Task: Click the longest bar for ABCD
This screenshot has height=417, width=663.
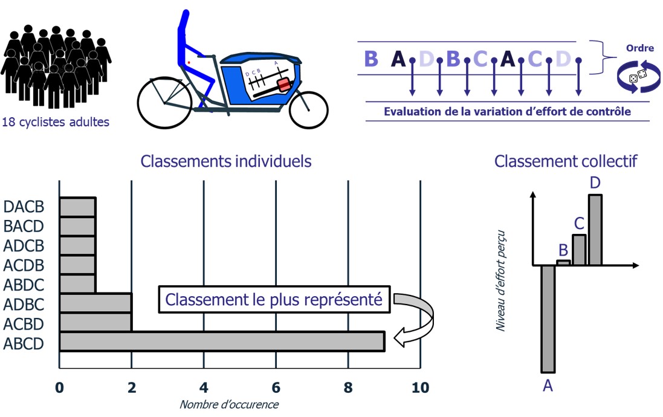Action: point(222,341)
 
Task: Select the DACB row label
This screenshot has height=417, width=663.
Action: point(24,207)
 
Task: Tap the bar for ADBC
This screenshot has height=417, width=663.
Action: point(95,302)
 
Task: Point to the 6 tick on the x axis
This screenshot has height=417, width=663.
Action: point(276,387)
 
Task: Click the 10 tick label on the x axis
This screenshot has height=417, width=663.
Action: point(419,387)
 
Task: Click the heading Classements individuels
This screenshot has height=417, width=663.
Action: point(226,161)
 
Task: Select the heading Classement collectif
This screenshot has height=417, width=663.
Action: point(566,161)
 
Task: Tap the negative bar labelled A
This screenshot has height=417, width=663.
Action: point(548,318)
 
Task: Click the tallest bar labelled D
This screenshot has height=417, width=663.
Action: point(595,230)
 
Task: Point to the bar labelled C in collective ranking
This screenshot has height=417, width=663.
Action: point(579,250)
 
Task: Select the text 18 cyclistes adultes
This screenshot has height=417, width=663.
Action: point(56,122)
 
